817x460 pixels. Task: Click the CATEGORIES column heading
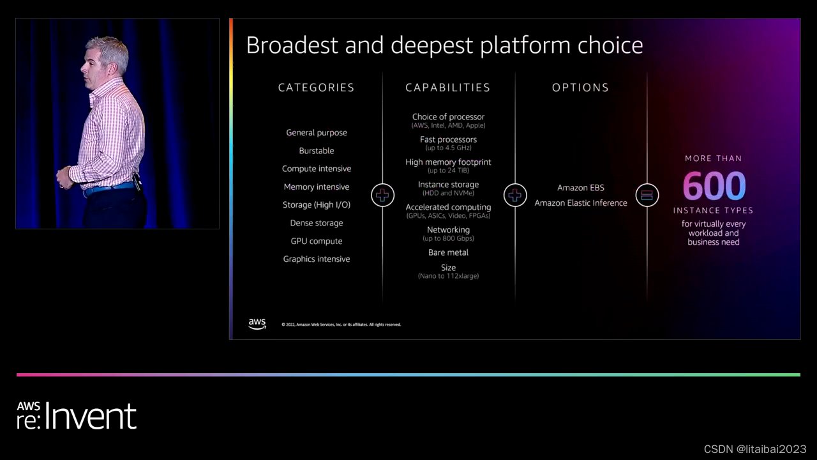[x=316, y=88]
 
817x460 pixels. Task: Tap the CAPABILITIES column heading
[x=447, y=88]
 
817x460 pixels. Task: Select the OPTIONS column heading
[x=580, y=88]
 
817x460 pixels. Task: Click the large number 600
[x=714, y=186]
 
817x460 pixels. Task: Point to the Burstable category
[x=317, y=151]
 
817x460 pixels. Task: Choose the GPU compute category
[x=317, y=241]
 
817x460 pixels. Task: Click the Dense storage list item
[x=317, y=223]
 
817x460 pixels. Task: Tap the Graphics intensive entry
[x=317, y=259]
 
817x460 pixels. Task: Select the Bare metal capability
[x=448, y=252]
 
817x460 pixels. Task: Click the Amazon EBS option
[x=580, y=188]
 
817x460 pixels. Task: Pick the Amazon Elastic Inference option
[x=580, y=203]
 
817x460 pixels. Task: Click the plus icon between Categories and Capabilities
[x=382, y=195]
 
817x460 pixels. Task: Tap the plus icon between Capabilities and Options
[x=514, y=195]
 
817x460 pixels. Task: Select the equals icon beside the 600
[x=647, y=195]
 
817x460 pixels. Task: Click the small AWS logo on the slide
[x=257, y=324]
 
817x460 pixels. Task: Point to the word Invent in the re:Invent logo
[x=91, y=417]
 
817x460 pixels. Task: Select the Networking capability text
[x=448, y=230]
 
